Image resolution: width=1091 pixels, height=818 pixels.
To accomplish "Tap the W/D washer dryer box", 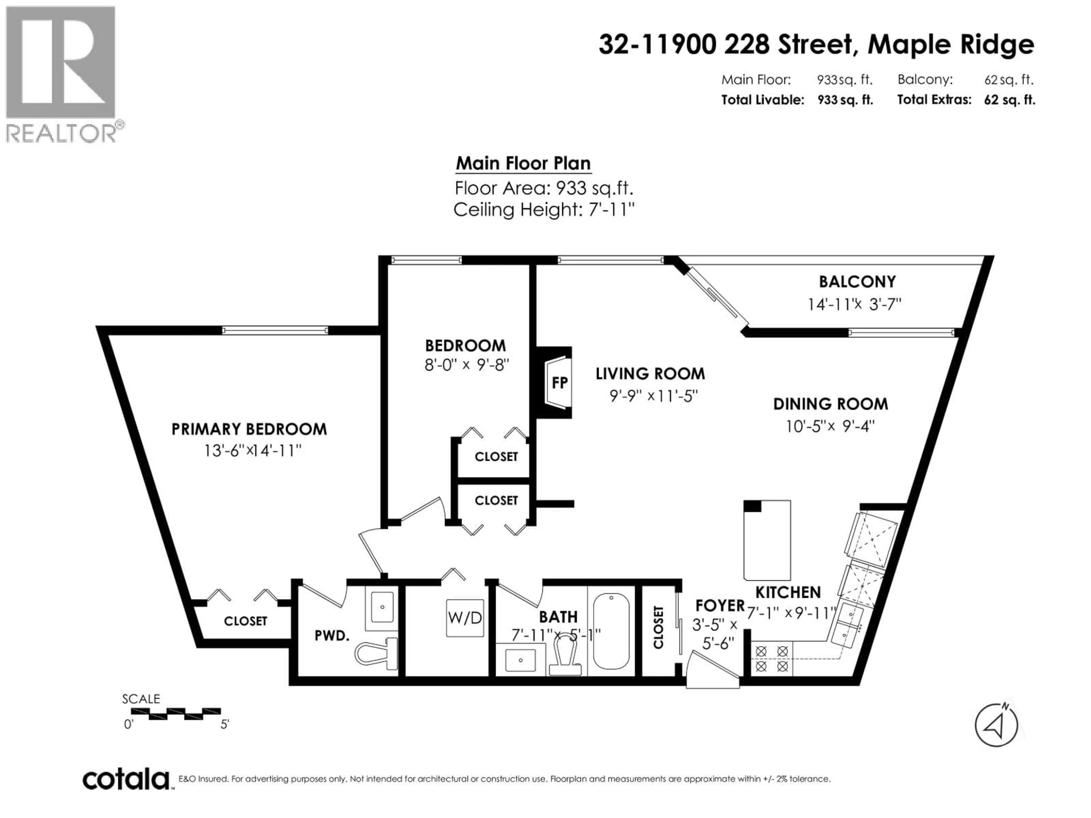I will click(x=465, y=618).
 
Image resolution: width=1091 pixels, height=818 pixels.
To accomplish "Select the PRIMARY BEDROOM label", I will click(x=249, y=429).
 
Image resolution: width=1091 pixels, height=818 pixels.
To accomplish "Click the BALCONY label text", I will click(x=857, y=281).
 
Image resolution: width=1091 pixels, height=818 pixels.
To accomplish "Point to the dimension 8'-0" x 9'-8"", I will click(x=467, y=365).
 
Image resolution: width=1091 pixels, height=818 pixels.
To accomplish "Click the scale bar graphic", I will click(x=176, y=713).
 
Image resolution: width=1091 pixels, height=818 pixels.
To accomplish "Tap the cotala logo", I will click(x=126, y=780).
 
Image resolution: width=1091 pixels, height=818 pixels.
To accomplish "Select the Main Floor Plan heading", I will click(x=523, y=164).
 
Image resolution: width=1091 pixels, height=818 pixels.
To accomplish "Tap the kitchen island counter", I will click(x=767, y=540).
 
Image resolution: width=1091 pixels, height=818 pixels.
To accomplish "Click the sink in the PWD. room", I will click(x=382, y=608).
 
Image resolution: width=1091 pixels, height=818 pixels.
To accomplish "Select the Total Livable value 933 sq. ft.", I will click(x=845, y=100).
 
